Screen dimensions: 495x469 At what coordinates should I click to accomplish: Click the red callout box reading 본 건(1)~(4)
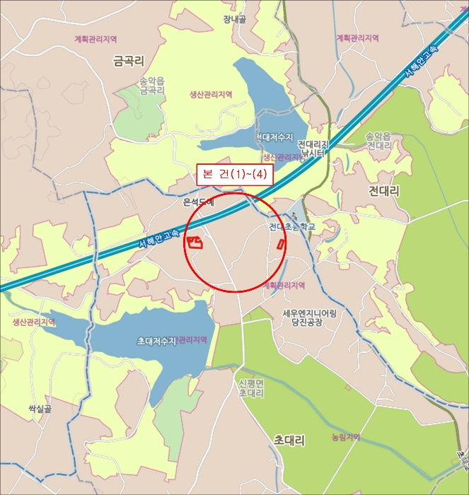pos(234,175)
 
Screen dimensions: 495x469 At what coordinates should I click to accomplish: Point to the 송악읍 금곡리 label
pos(152,86)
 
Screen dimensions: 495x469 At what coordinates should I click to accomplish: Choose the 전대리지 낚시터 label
pos(312,147)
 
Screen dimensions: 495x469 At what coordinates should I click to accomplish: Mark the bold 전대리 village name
pos(384,191)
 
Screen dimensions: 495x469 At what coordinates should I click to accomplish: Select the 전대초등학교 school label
pos(291,227)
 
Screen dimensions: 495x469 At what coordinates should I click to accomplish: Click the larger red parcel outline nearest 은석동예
pos(195,243)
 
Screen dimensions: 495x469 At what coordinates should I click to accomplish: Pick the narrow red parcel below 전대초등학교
pos(281,245)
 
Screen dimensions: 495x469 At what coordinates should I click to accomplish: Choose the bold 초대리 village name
pos(289,441)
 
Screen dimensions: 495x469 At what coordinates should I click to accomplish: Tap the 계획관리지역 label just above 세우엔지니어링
pos(284,285)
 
